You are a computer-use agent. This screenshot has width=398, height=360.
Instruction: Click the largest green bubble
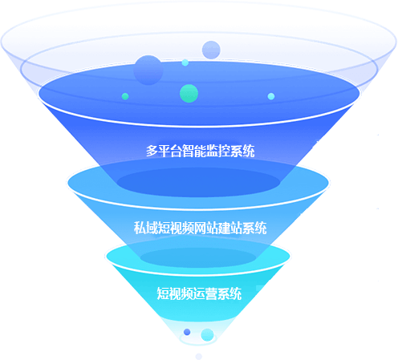coord(189,93)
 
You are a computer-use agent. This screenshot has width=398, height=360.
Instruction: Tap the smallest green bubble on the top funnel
coord(125,96)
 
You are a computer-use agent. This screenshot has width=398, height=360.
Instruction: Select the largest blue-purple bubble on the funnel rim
coord(148,70)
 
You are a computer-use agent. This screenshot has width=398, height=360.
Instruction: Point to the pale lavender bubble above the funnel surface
coord(211,50)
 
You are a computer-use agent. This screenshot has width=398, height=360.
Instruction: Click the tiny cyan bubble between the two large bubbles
coord(185,63)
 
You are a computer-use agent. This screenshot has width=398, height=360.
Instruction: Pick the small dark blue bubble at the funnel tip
coord(187,332)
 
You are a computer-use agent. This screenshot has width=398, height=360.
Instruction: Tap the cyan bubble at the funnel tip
coord(207,335)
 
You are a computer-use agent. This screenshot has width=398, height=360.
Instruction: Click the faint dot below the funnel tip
coord(198,356)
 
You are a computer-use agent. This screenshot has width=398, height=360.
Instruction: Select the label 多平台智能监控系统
coord(200,151)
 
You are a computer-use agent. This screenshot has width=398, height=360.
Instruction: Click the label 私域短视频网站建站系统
coord(200,228)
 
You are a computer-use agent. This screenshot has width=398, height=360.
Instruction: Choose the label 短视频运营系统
coord(199,293)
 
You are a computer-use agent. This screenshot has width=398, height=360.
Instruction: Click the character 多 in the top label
coord(152,151)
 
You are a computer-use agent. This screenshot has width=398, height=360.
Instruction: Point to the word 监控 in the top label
coord(218,151)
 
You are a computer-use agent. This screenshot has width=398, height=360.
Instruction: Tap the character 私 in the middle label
coord(140,228)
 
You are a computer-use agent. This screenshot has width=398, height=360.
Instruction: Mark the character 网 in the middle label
coord(200,228)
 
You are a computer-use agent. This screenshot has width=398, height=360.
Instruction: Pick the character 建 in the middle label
coord(225,228)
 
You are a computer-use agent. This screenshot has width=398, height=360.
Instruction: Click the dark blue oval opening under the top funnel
coord(198,182)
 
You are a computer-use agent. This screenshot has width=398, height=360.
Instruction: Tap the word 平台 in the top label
coord(170,151)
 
